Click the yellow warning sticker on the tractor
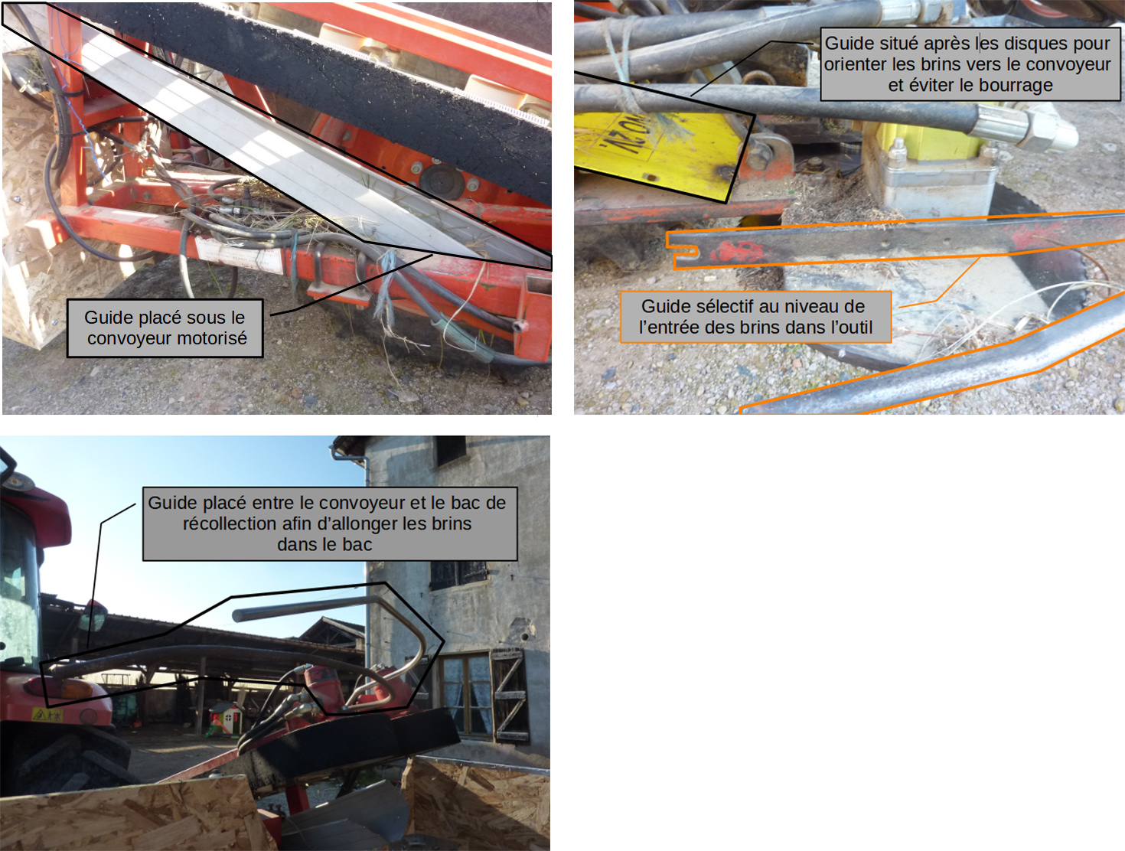coord(47,715)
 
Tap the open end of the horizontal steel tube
coord(237,615)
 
